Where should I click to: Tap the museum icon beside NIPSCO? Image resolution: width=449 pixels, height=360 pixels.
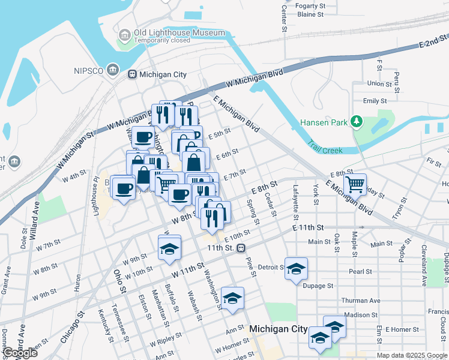112,70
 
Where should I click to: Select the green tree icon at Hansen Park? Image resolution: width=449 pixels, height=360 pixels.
357,122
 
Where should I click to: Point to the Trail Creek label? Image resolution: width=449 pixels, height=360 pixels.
325,148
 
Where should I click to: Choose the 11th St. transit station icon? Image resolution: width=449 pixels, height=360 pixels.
241,248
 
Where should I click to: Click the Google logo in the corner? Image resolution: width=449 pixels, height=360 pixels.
20,353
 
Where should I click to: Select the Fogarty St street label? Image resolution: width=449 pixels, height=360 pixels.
310,5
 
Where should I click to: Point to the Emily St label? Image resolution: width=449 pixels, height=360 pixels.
375,101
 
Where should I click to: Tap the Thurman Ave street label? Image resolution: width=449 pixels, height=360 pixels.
361,300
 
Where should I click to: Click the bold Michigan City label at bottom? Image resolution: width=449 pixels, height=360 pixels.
278,329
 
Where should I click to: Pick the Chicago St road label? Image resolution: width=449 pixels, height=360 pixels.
70,328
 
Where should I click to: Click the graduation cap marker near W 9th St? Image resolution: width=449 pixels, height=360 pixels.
169,248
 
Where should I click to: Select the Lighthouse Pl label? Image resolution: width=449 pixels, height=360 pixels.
95,191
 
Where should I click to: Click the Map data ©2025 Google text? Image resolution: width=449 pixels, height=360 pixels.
412,355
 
